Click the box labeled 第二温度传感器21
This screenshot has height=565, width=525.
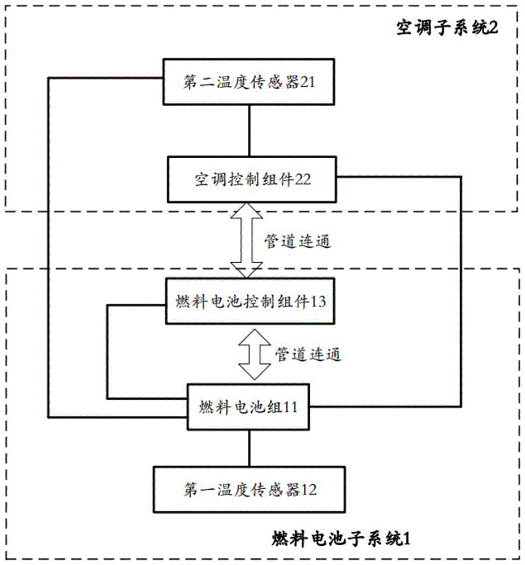coord(249,82)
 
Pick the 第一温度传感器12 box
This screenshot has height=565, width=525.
coord(249,488)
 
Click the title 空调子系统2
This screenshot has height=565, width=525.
coord(446,29)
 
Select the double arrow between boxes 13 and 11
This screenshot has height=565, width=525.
coord(255,354)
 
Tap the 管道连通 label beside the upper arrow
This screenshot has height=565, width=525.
coord(298,241)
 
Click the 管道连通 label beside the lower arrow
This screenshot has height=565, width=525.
coord(308,354)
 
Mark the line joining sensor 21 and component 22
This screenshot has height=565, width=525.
coord(249,131)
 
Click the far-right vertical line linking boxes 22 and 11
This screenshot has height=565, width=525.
coord(461,291)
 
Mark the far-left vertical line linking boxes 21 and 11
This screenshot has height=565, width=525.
coord(49,249)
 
